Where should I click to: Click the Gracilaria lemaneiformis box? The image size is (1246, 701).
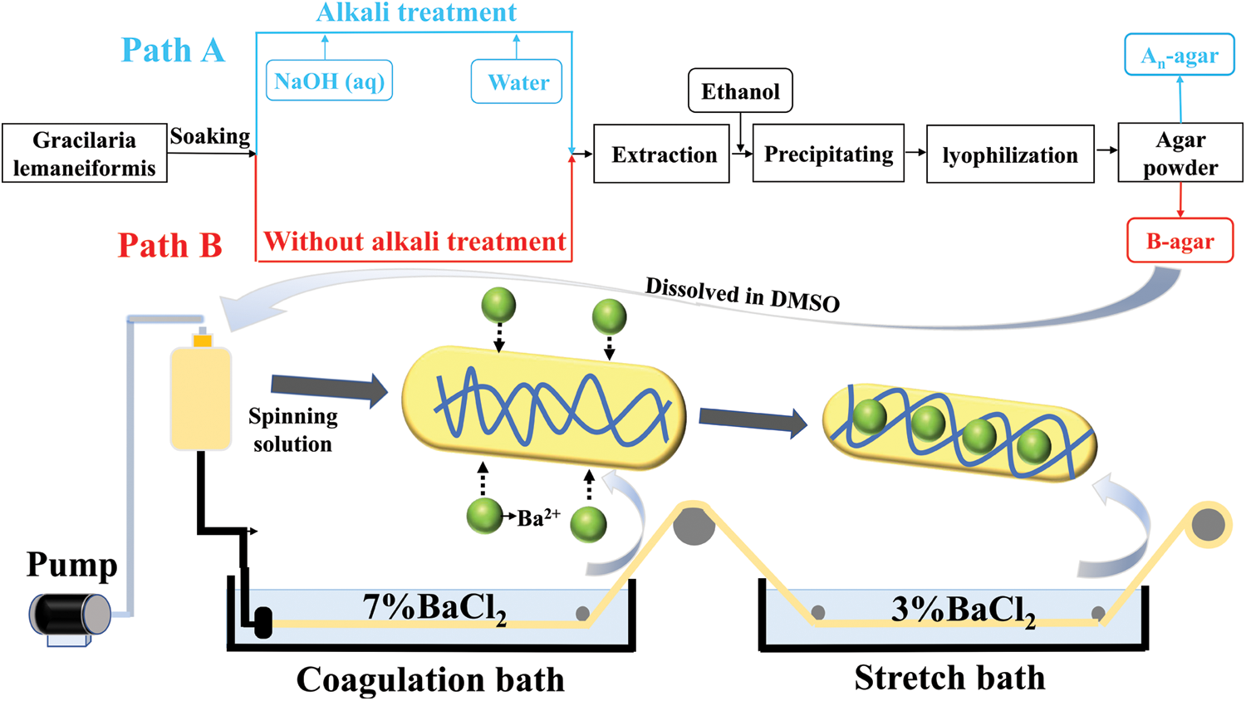[x=84, y=154]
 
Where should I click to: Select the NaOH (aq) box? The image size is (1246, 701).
[x=329, y=81]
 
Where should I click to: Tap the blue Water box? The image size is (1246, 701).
[x=517, y=82]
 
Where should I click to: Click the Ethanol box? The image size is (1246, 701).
[x=740, y=91]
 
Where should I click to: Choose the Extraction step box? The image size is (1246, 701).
[x=663, y=154]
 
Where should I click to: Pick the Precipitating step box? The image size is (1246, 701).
[x=828, y=154]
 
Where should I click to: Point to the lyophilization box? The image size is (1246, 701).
[x=1010, y=154]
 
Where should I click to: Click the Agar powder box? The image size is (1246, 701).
[x=1180, y=154]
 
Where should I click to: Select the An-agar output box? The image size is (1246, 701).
[x=1180, y=56]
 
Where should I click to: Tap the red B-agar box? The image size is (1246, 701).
[x=1180, y=242]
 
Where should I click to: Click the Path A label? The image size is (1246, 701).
[x=173, y=50]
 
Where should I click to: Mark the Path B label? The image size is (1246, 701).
[x=170, y=246]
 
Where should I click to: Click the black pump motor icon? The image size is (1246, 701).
[x=71, y=615]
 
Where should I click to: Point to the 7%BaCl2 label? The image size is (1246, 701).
[x=434, y=609]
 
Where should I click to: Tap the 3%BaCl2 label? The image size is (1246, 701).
[x=963, y=610]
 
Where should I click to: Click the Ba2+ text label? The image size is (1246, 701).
[x=538, y=518]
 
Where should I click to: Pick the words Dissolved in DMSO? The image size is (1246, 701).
[x=743, y=295]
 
